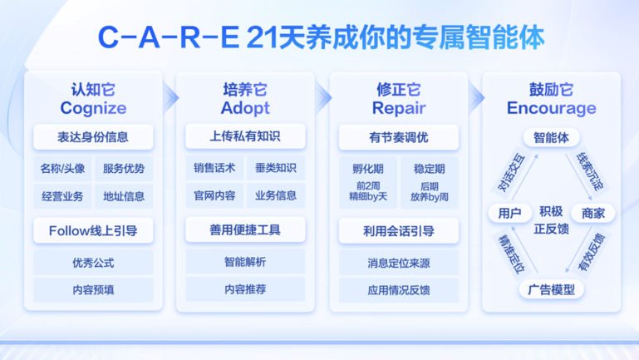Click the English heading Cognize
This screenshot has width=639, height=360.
pos(93,108)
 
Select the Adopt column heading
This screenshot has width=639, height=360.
pos(245,108)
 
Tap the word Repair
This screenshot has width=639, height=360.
pos(399,108)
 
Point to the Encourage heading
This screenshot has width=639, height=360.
pos(552,108)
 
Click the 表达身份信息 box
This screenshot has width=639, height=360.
pos(93,137)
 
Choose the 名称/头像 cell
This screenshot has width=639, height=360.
pos(63,169)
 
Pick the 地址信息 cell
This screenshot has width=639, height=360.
pos(124,196)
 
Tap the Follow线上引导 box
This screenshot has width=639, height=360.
pos(93,231)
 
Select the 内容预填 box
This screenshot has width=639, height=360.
pos(93,290)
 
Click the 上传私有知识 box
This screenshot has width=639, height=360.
pos(245,136)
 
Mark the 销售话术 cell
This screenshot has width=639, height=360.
pos(214,168)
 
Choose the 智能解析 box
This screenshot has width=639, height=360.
pos(245,262)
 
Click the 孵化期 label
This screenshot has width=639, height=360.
pos(368,169)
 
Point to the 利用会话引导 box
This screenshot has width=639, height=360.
pos(399,231)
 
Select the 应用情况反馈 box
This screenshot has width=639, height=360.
pos(399,290)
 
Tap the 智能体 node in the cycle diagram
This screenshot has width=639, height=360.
pos(552,137)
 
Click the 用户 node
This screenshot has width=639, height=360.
pos(510,213)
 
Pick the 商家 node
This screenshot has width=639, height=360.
pos(593,213)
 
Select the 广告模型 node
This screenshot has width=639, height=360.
pos(552,290)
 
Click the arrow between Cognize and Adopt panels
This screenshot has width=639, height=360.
pos(170,98)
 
